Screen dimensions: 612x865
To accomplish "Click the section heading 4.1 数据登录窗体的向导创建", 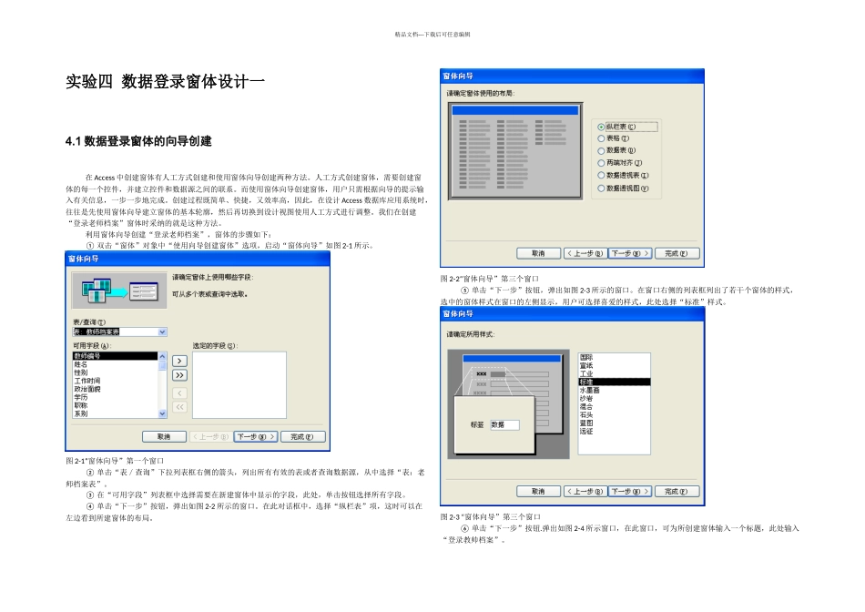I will (138, 141).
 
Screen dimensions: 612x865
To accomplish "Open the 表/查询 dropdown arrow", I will (162, 332).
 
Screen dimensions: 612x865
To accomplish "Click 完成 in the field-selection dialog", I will (302, 437).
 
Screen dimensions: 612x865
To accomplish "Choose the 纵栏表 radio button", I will (602, 127).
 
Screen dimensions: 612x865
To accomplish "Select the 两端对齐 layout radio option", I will (602, 162).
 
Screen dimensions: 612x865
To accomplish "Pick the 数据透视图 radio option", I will (602, 189).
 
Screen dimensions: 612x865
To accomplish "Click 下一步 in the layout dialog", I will (630, 253).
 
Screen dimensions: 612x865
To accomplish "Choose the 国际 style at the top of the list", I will (586, 357).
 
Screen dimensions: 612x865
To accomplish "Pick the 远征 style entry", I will (586, 431).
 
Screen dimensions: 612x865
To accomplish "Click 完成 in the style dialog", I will (679, 492).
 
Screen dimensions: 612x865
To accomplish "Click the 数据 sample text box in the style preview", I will (504, 424).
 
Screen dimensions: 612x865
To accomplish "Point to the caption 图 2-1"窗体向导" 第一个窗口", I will (115, 461).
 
